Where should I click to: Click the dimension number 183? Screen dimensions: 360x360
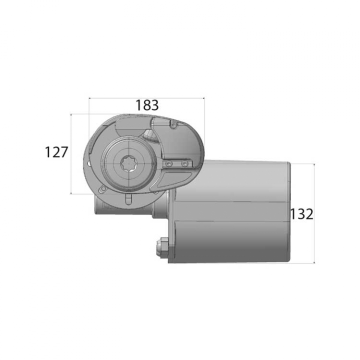coord(147,105)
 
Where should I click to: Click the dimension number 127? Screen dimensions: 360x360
coord(56,152)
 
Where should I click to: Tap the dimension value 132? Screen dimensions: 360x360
coord(301,214)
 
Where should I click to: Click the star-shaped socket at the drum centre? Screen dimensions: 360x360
coord(129,163)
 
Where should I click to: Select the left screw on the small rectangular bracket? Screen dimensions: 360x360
coord(169,163)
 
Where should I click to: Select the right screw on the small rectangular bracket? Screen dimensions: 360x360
coord(184,163)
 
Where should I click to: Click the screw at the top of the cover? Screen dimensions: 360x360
coord(173,124)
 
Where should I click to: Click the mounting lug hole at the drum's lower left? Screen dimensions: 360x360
coord(102,189)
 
